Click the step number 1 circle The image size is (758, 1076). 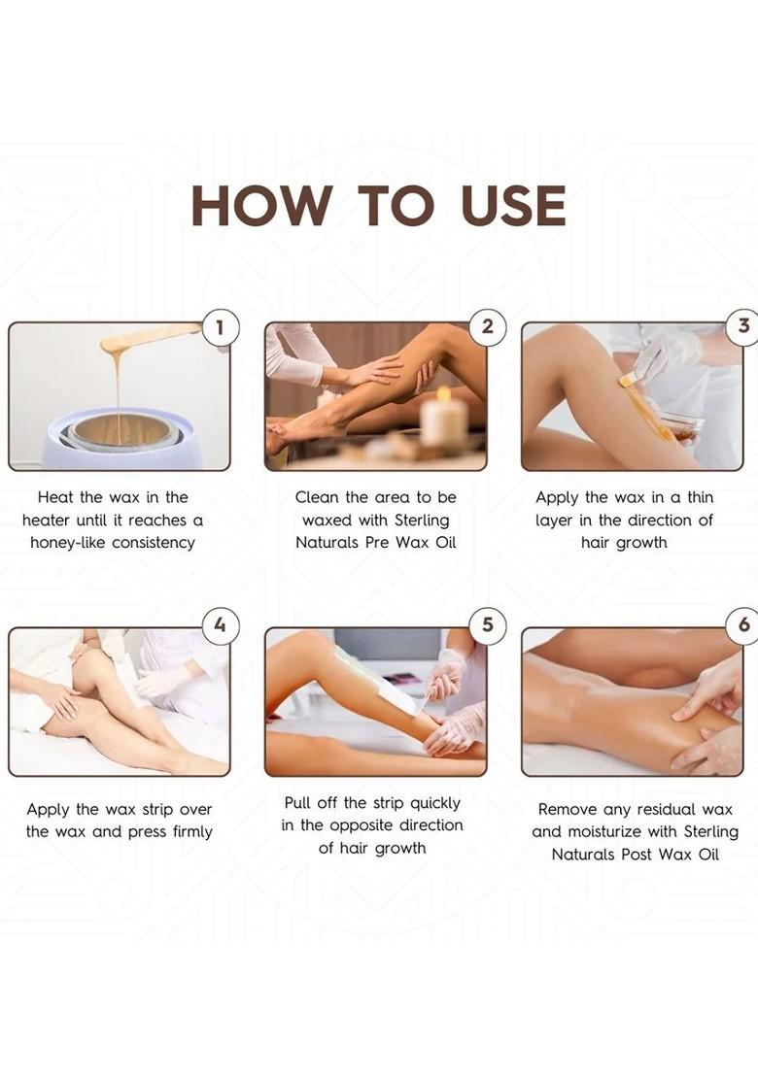click(x=220, y=328)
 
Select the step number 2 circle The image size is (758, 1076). click(x=487, y=327)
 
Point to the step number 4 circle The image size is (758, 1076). click(x=220, y=625)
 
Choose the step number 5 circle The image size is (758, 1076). click(x=487, y=625)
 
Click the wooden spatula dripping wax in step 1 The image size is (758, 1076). click(x=146, y=338)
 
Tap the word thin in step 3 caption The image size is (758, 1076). click(x=694, y=497)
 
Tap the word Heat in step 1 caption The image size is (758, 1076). click(x=56, y=497)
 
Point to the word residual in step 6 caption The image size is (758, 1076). click(x=661, y=810)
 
